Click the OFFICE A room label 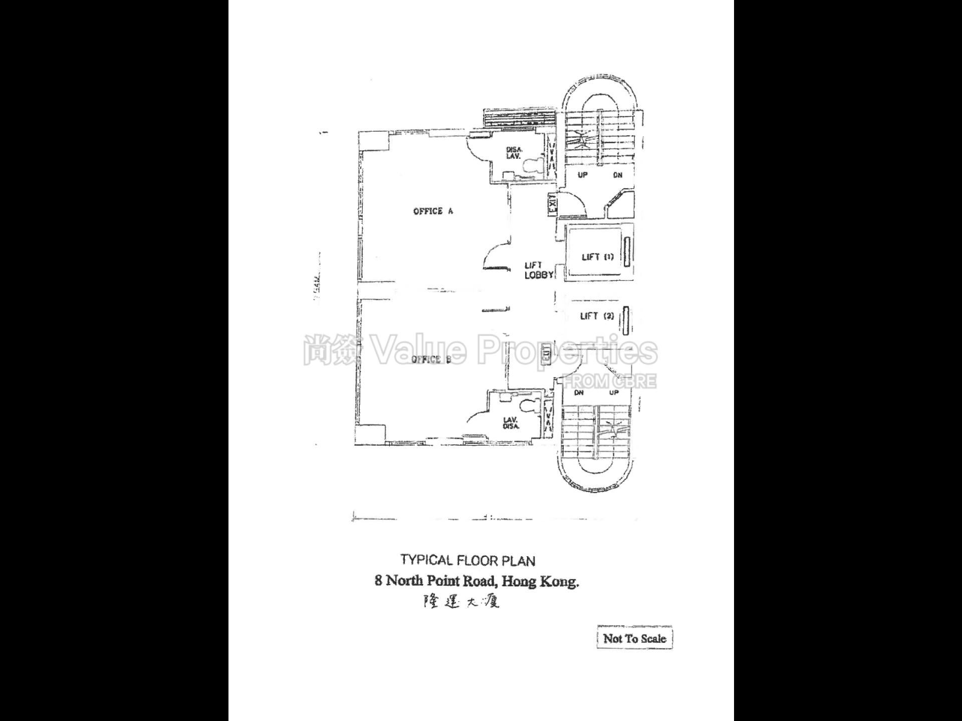tap(433, 211)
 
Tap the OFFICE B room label tap(431, 359)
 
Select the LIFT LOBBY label tap(538, 270)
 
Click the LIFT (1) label tap(597, 257)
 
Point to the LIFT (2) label tap(596, 316)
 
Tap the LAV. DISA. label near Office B tap(511, 423)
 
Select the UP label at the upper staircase tap(582, 175)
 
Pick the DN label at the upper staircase tap(617, 175)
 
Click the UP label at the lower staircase tap(614, 393)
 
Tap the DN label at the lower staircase tap(579, 393)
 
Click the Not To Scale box tap(634, 638)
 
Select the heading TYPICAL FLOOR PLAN tap(467, 560)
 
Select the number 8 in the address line tap(378, 581)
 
